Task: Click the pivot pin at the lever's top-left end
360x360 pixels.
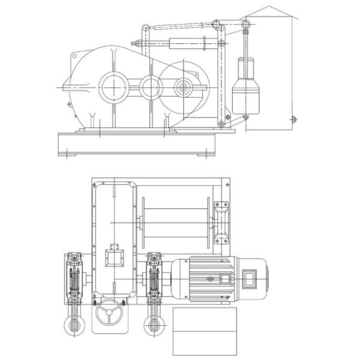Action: click(144, 26)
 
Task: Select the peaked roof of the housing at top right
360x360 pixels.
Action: click(268, 11)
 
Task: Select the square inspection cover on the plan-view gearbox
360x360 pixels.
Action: click(113, 257)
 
